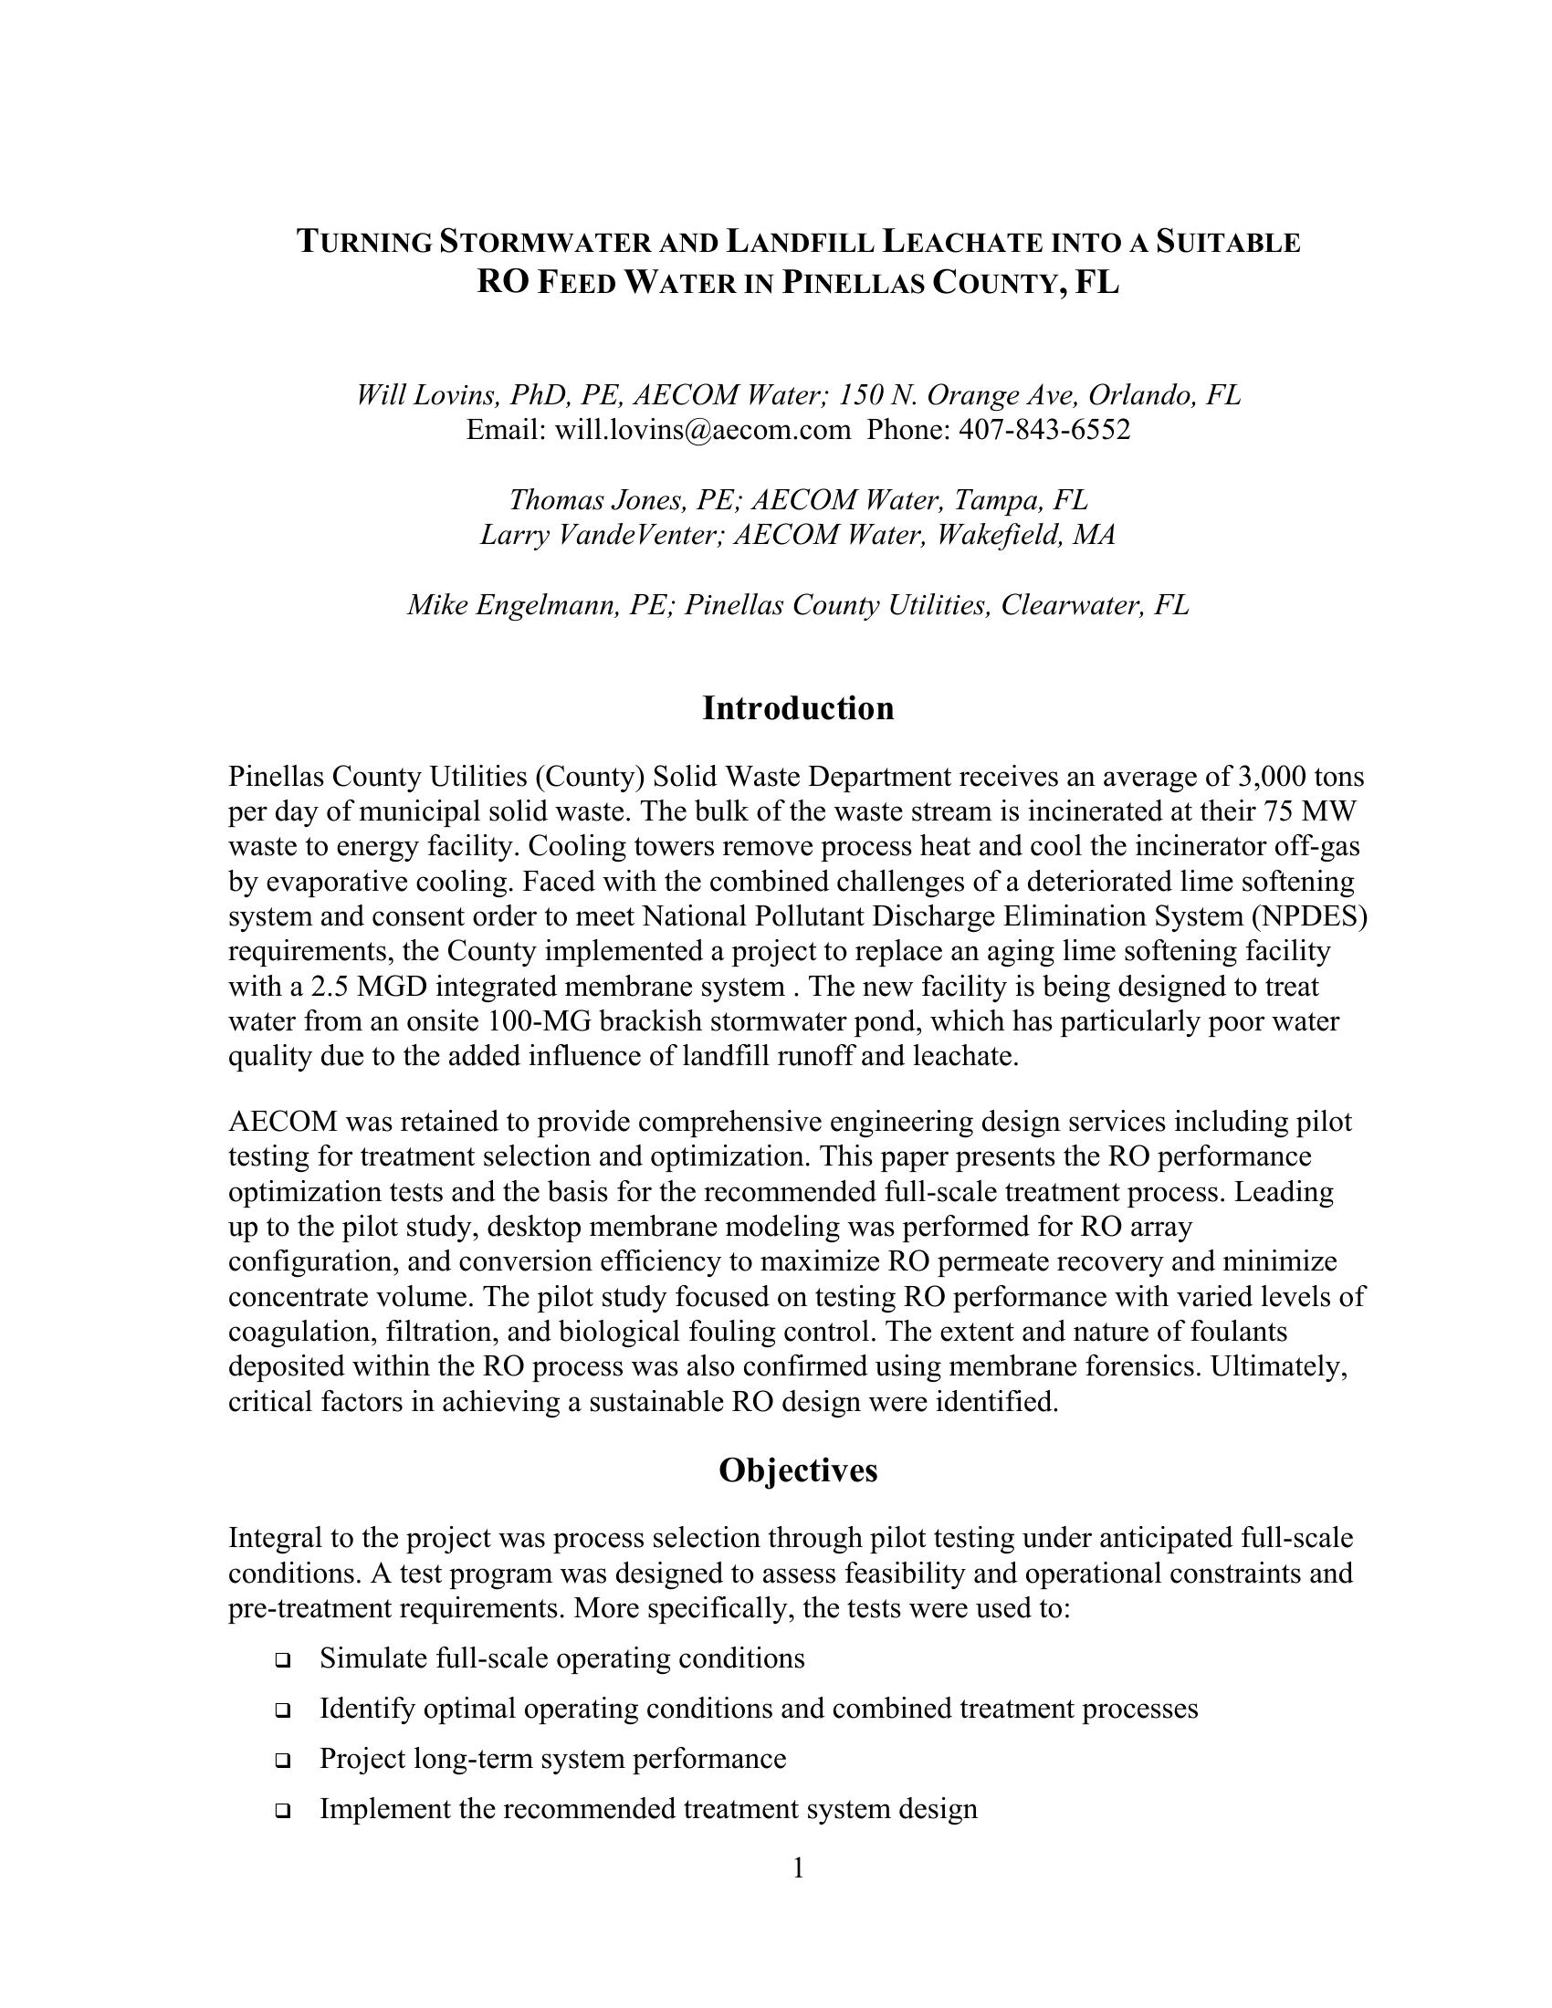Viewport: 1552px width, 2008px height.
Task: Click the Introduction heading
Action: tap(797, 709)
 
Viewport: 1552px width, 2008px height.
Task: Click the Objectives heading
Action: tap(797, 1470)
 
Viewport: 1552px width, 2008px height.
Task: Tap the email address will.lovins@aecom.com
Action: tap(702, 430)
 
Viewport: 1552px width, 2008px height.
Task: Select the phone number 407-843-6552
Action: tap(1044, 430)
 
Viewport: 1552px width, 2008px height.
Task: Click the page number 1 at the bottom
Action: tap(798, 1868)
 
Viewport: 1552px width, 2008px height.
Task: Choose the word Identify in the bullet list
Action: tap(359, 1710)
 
